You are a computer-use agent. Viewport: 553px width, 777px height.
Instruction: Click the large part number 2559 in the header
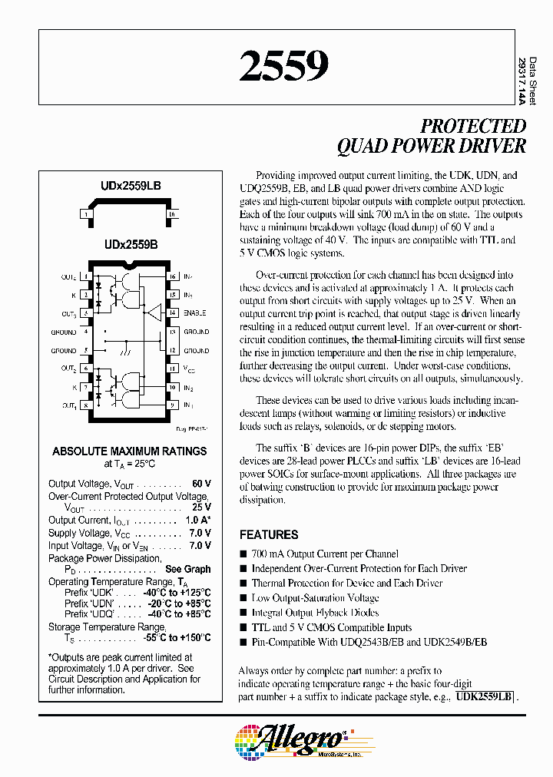click(284, 67)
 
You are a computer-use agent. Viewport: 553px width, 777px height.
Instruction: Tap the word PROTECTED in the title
click(472, 127)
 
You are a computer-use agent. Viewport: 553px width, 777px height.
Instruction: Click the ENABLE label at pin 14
click(195, 313)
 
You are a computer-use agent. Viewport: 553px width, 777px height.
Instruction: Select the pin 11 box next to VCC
click(173, 369)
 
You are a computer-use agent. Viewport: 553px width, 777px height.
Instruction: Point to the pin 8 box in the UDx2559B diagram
click(88, 405)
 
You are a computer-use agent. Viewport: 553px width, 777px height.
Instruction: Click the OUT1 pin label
click(68, 405)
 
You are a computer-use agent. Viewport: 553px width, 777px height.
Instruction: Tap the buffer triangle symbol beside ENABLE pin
click(156, 312)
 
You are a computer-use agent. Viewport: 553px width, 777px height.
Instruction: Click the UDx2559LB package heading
click(130, 187)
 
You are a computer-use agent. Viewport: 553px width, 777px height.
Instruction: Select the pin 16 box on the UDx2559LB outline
click(172, 214)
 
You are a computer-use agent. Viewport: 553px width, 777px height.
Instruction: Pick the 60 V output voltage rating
click(201, 484)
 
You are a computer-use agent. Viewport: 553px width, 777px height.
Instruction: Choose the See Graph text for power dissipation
click(187, 569)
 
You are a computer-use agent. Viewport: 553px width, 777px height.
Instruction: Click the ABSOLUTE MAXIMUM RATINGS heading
click(130, 451)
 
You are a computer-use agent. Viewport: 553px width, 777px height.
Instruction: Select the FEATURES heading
click(269, 534)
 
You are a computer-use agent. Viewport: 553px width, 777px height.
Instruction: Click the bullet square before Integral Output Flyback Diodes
click(243, 613)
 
